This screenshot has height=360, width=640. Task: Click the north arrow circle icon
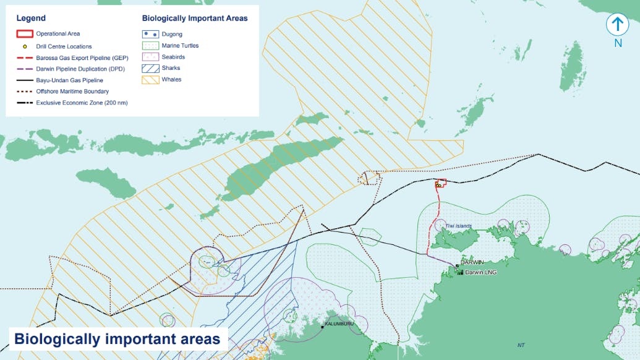tap(617, 25)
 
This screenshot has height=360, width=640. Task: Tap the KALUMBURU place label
tap(338, 324)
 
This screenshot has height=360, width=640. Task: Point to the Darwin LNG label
tap(480, 272)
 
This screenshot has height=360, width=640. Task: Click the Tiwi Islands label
tap(459, 226)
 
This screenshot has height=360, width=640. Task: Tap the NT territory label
tap(521, 345)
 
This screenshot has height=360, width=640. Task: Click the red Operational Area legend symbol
tap(24, 34)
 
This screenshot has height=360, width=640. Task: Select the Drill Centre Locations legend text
tap(64, 46)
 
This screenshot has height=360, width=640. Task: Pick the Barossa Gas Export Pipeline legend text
tap(82, 58)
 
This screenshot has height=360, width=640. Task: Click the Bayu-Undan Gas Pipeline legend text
tap(69, 80)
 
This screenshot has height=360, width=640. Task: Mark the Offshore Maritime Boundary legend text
tap(72, 92)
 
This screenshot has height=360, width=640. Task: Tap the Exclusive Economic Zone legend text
tap(82, 103)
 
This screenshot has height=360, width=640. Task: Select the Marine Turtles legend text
tap(180, 46)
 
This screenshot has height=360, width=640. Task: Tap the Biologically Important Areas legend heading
tap(195, 19)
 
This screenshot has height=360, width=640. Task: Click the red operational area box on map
tap(441, 182)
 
